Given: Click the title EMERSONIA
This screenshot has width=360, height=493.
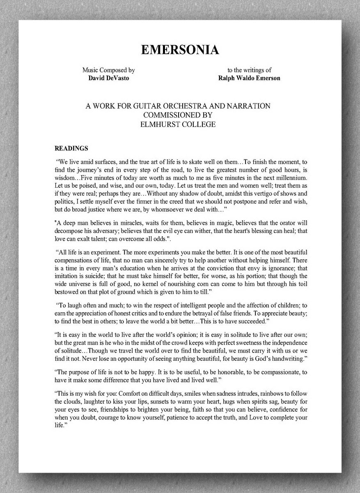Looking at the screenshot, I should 180,50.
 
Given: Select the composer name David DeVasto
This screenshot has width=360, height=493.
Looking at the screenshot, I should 108,78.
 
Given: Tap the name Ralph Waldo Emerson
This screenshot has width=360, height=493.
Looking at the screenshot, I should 250,78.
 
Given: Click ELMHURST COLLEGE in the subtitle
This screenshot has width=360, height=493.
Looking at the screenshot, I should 178,124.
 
